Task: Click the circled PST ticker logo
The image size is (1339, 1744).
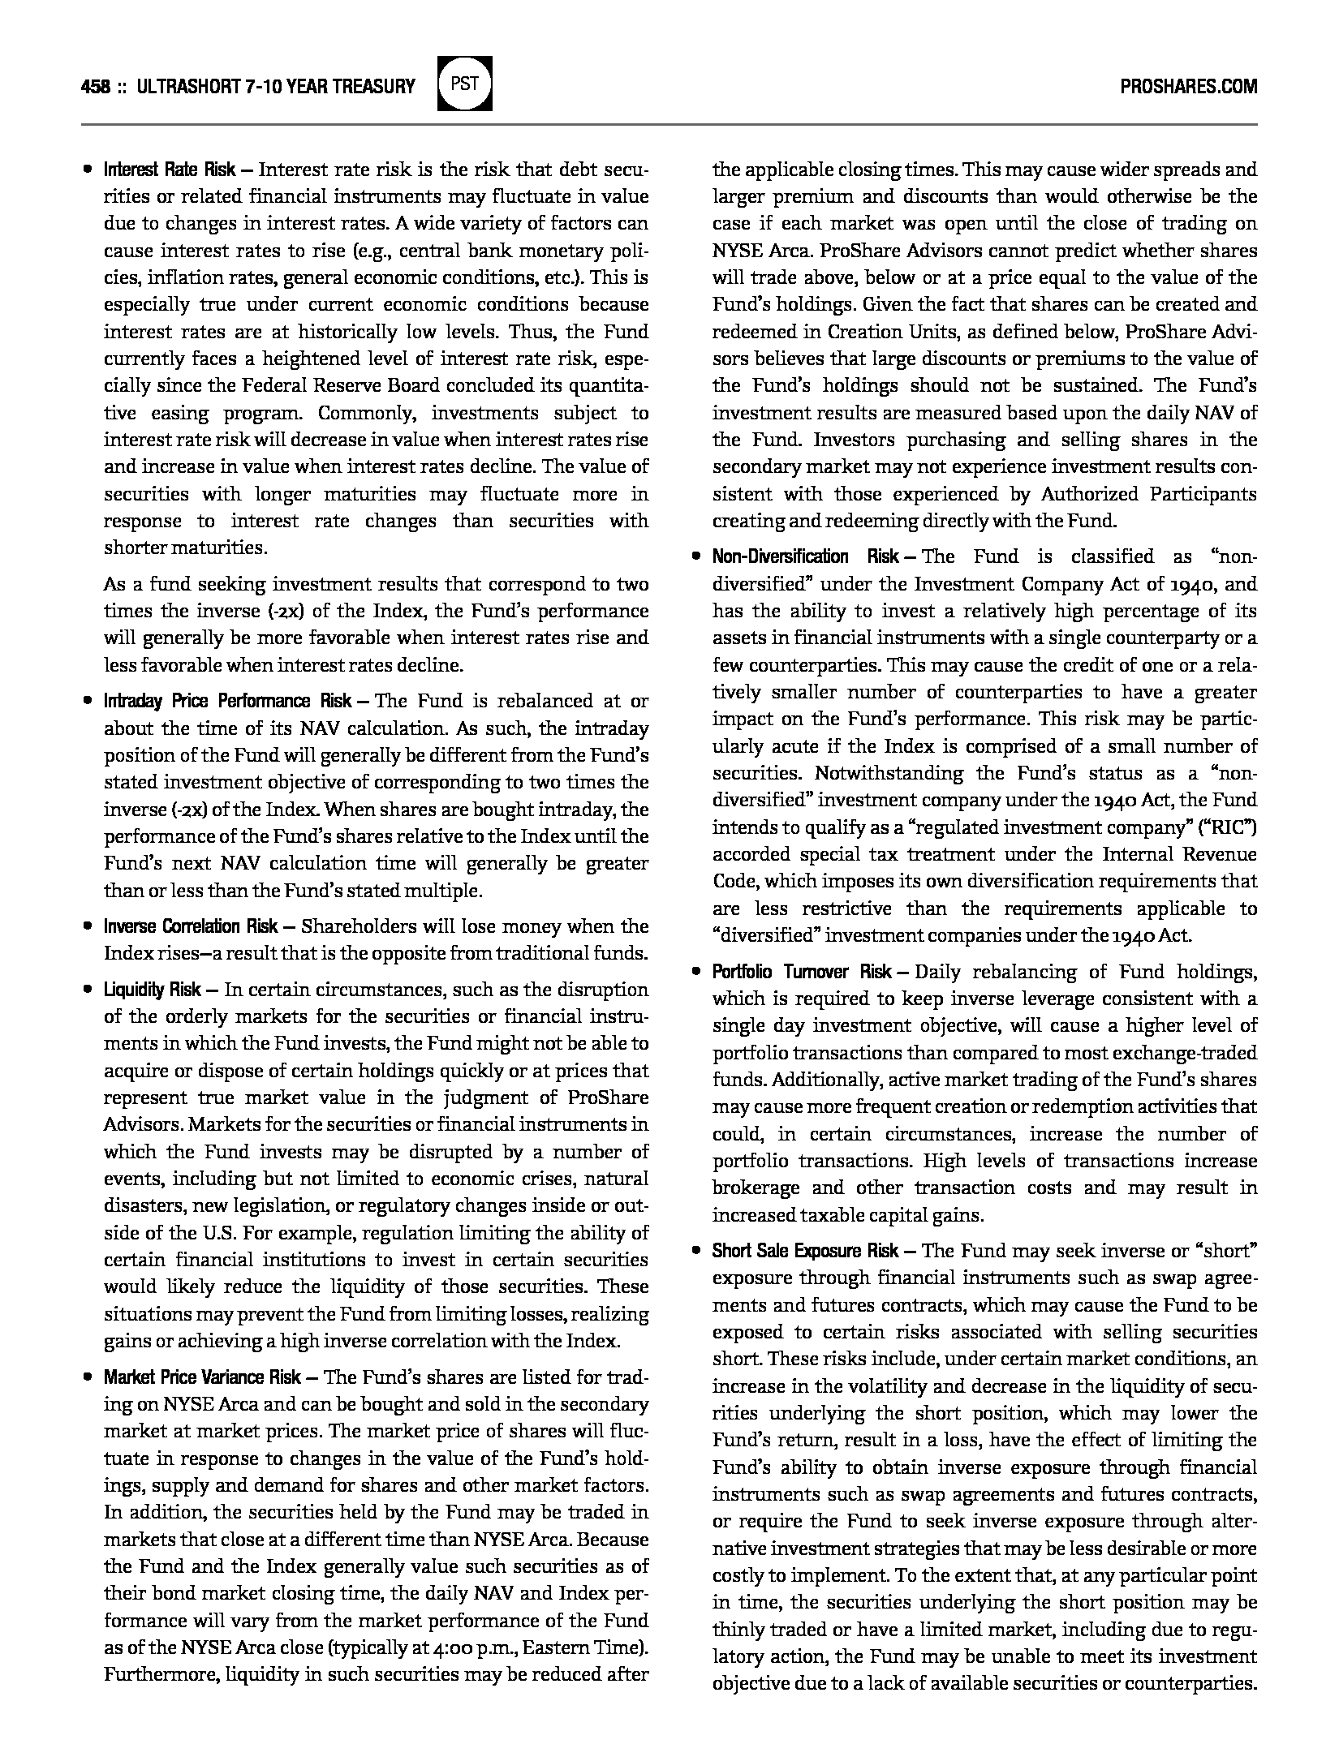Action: (465, 84)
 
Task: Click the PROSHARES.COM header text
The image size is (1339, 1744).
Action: (1188, 87)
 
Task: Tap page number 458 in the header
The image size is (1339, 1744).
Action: (95, 87)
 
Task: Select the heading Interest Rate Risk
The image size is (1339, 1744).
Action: (170, 170)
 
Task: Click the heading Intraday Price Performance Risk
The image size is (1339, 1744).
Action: (228, 701)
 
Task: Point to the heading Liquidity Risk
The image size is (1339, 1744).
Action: (152, 990)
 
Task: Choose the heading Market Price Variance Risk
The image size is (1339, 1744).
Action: (202, 1377)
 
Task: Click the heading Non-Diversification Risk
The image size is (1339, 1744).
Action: (806, 556)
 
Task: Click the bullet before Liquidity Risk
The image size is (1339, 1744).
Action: (87, 990)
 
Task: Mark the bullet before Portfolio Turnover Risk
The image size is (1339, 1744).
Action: (695, 973)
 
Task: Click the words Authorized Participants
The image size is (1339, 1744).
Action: (1148, 494)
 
